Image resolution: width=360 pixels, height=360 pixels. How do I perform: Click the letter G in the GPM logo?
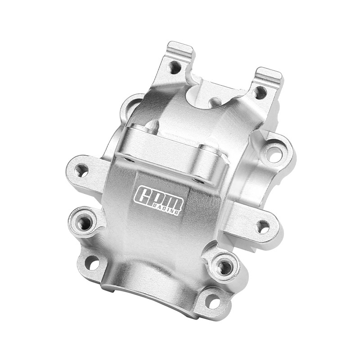(143, 194)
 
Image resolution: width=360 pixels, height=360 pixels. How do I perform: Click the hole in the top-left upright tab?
(175, 68)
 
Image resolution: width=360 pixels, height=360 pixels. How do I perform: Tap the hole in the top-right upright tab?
(260, 92)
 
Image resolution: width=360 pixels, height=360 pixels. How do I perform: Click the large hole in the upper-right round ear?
(274, 153)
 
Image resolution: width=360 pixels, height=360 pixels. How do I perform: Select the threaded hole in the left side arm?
(81, 170)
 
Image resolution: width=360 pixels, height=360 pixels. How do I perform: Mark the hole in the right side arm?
(262, 226)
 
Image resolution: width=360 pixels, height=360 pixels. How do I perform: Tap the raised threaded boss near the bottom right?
(224, 267)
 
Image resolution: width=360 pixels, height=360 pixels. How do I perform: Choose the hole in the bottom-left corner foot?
(92, 263)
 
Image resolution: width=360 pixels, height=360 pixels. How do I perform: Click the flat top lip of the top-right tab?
(269, 73)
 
